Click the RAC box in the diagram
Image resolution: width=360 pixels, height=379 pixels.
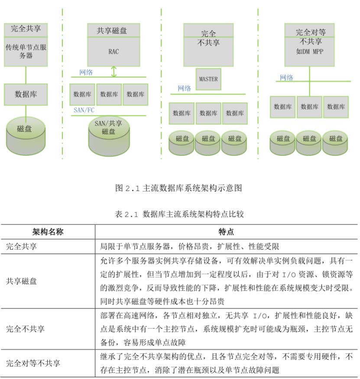pyautogui.click(x=114, y=52)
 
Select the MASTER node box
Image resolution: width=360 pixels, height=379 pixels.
pyautogui.click(x=208, y=79)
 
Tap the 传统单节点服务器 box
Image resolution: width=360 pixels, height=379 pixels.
pyautogui.click(x=26, y=52)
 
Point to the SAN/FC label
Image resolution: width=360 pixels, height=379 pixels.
pyautogui.click(x=84, y=110)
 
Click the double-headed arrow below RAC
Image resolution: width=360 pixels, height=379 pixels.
pyautogui.click(x=114, y=71)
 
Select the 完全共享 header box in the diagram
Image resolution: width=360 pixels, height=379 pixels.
pyautogui.click(x=26, y=30)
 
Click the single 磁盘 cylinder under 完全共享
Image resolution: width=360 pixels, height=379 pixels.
pyautogui.click(x=26, y=130)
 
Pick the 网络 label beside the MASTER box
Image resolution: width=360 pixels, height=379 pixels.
pyautogui.click(x=184, y=88)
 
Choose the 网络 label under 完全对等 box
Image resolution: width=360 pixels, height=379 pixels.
pyautogui.click(x=286, y=78)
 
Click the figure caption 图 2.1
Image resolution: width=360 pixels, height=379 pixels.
pyautogui.click(x=178, y=188)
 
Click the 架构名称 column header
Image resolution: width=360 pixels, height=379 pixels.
pyautogui.click(x=48, y=232)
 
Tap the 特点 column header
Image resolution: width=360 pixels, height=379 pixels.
pyautogui.click(x=226, y=232)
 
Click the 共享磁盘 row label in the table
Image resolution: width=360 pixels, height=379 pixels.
pyautogui.click(x=22, y=281)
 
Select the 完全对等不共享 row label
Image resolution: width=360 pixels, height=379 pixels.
pyautogui.click(x=33, y=363)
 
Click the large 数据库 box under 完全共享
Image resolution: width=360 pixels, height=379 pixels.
pyautogui.click(x=26, y=94)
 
